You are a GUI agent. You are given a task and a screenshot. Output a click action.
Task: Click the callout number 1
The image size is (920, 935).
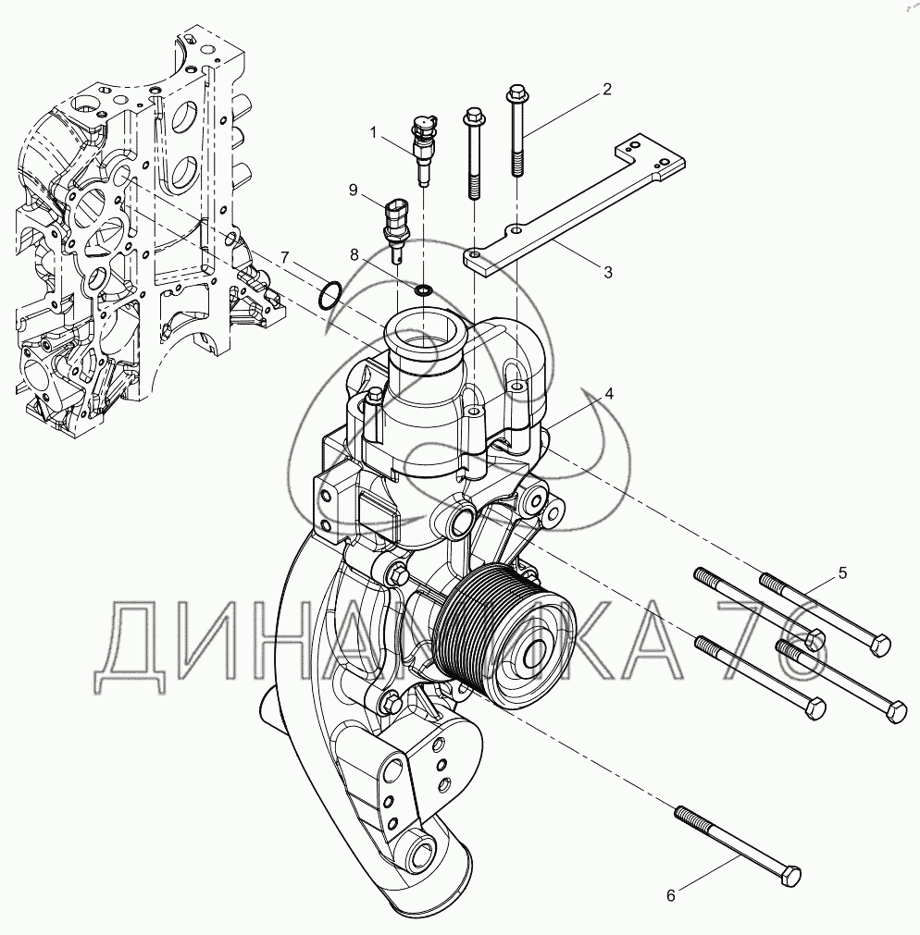(374, 131)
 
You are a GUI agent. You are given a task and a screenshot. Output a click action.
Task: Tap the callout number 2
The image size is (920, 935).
(607, 90)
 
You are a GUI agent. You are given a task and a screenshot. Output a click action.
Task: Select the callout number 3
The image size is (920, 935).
(608, 273)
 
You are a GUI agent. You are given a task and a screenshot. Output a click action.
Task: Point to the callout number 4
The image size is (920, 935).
(609, 394)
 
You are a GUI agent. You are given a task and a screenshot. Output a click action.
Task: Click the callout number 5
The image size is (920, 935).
(842, 573)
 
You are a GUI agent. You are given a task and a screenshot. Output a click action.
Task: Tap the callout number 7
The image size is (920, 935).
(284, 258)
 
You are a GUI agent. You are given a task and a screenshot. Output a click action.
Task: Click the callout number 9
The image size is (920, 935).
(354, 190)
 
